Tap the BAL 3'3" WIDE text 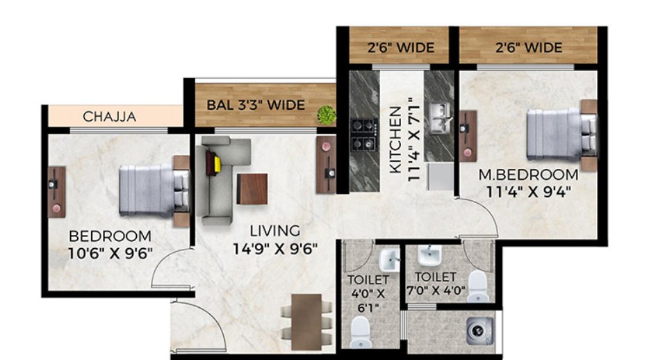click(256, 105)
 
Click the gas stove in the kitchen click(363, 136)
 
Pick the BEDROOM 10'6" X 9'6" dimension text click(109, 243)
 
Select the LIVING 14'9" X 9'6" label click(275, 238)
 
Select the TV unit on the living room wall click(325, 164)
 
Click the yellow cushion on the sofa click(217, 164)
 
